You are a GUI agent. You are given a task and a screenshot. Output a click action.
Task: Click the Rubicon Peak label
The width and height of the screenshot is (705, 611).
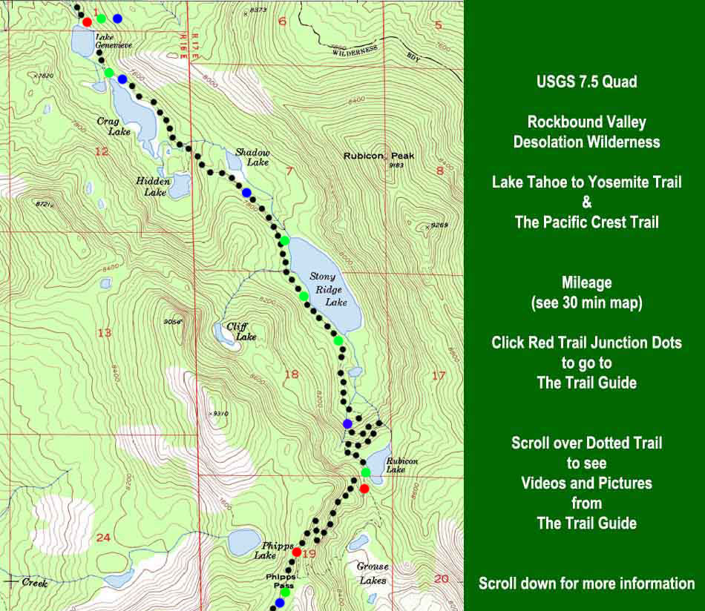click(378, 156)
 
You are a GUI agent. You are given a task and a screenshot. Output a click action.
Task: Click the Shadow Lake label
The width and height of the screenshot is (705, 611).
click(252, 156)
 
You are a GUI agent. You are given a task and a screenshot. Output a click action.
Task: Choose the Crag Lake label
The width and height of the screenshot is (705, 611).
click(114, 126)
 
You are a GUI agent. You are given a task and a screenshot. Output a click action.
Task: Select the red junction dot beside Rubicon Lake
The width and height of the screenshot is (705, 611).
click(364, 489)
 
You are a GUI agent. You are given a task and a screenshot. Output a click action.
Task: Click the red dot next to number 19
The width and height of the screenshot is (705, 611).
click(296, 552)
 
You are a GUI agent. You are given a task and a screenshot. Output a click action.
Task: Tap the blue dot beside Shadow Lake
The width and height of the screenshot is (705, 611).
click(246, 193)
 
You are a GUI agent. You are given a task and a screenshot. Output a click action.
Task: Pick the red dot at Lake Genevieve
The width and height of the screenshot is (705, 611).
click(88, 22)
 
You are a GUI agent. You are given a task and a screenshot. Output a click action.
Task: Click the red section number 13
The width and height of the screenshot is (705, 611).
click(104, 333)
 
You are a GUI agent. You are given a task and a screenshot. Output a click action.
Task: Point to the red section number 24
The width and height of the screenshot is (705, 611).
click(103, 537)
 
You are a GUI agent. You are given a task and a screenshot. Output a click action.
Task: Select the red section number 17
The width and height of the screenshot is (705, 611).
click(438, 376)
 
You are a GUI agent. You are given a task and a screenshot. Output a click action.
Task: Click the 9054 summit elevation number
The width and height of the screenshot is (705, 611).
click(172, 321)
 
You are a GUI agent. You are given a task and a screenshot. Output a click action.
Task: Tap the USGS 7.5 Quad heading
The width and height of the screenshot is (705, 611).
click(586, 82)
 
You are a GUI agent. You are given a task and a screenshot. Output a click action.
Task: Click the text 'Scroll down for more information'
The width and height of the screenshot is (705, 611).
click(586, 583)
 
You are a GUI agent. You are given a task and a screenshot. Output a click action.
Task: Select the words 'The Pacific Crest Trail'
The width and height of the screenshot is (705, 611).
click(586, 222)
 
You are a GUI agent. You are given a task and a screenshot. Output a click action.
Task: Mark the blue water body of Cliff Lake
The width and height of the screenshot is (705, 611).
click(221, 333)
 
